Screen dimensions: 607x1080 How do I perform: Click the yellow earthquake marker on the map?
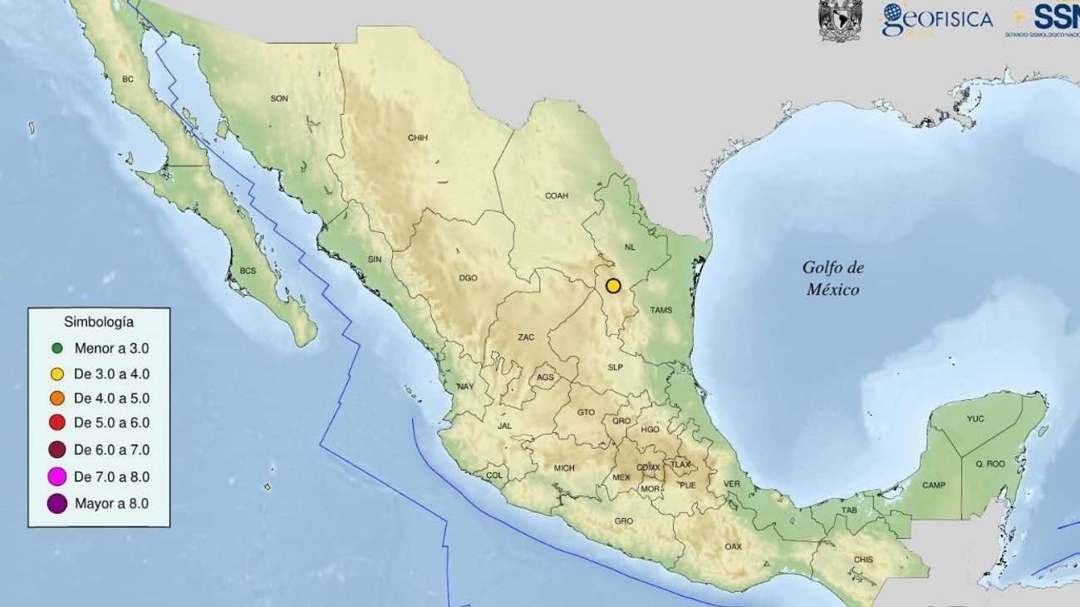(613, 285)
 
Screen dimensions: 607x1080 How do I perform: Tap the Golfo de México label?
(832, 279)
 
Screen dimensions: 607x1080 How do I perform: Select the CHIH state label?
(417, 138)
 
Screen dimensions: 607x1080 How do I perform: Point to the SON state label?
(279, 98)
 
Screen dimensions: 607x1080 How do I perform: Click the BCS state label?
(248, 271)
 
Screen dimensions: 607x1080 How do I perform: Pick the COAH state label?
(557, 196)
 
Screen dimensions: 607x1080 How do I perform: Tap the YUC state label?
(975, 419)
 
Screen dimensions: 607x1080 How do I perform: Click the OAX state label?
(733, 546)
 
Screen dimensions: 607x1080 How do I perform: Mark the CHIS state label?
(864, 560)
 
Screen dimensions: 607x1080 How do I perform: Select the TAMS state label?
(661, 310)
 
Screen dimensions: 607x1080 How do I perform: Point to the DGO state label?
(468, 278)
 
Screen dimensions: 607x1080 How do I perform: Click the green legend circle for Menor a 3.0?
(57, 348)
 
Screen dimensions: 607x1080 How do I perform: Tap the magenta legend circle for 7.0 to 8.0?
(57, 476)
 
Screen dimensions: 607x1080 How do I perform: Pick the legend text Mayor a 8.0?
(111, 503)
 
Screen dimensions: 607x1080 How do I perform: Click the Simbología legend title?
(99, 321)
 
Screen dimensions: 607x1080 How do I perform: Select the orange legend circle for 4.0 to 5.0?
(57, 398)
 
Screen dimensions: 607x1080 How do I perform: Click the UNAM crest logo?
(840, 20)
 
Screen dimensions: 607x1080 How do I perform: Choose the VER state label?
(732, 483)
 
